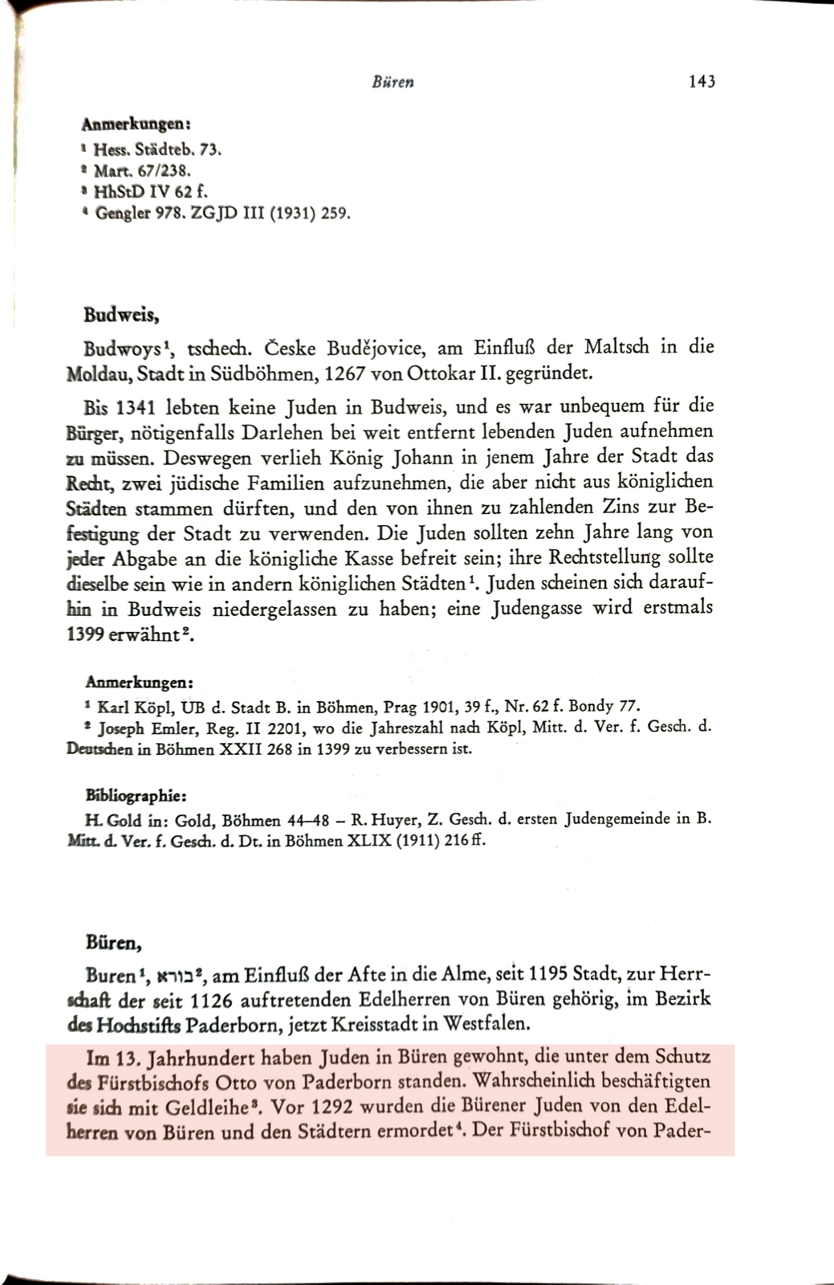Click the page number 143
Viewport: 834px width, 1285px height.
coord(702,81)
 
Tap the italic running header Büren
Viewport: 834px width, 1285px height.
coord(393,82)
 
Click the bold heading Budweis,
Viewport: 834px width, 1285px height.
coord(120,314)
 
